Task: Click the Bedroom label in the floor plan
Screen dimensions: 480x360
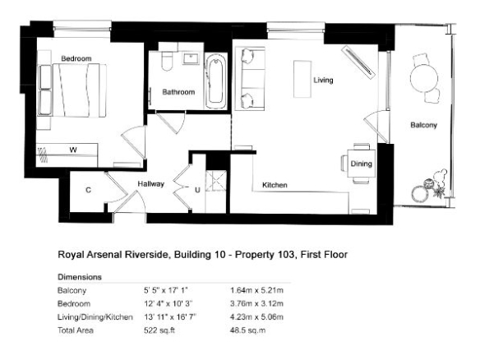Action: tap(76, 58)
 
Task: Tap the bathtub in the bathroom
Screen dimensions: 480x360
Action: tap(215, 81)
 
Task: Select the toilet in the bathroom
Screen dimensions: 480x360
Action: tap(167, 61)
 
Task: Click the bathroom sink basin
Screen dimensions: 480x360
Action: tap(192, 58)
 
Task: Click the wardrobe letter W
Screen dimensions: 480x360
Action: tap(73, 150)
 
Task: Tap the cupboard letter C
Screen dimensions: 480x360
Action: tap(88, 190)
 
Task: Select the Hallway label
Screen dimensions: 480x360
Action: tap(151, 184)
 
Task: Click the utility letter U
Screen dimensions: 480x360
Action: tap(197, 190)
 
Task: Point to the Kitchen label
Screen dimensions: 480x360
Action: tap(275, 185)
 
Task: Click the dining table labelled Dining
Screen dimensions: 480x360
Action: tap(362, 164)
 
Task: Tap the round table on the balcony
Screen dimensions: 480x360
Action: tap(424, 78)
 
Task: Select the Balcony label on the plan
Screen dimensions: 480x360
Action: tap(423, 125)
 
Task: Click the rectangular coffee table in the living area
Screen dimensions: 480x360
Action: tap(302, 79)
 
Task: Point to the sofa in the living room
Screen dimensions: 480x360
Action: tap(250, 79)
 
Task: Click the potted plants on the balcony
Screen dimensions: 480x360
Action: tap(430, 187)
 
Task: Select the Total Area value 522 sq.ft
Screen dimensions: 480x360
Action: tap(159, 330)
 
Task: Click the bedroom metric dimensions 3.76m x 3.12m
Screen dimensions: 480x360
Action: tap(256, 303)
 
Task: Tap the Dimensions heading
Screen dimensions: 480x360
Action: tap(80, 277)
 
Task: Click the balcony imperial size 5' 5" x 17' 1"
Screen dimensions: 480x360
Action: tap(165, 290)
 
